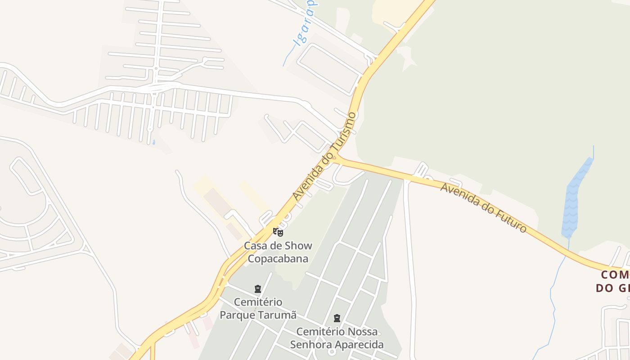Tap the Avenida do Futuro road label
(x=483, y=207)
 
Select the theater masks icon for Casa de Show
(x=278, y=232)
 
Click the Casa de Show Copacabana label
(x=278, y=252)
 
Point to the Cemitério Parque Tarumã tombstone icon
(x=258, y=288)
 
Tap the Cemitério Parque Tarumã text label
(x=258, y=308)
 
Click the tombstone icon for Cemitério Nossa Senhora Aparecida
(x=337, y=318)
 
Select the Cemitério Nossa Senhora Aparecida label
(x=337, y=338)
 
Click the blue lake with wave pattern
(x=575, y=198)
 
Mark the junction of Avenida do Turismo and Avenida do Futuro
(x=338, y=158)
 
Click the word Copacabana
(x=278, y=259)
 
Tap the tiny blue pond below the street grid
(x=153, y=142)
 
